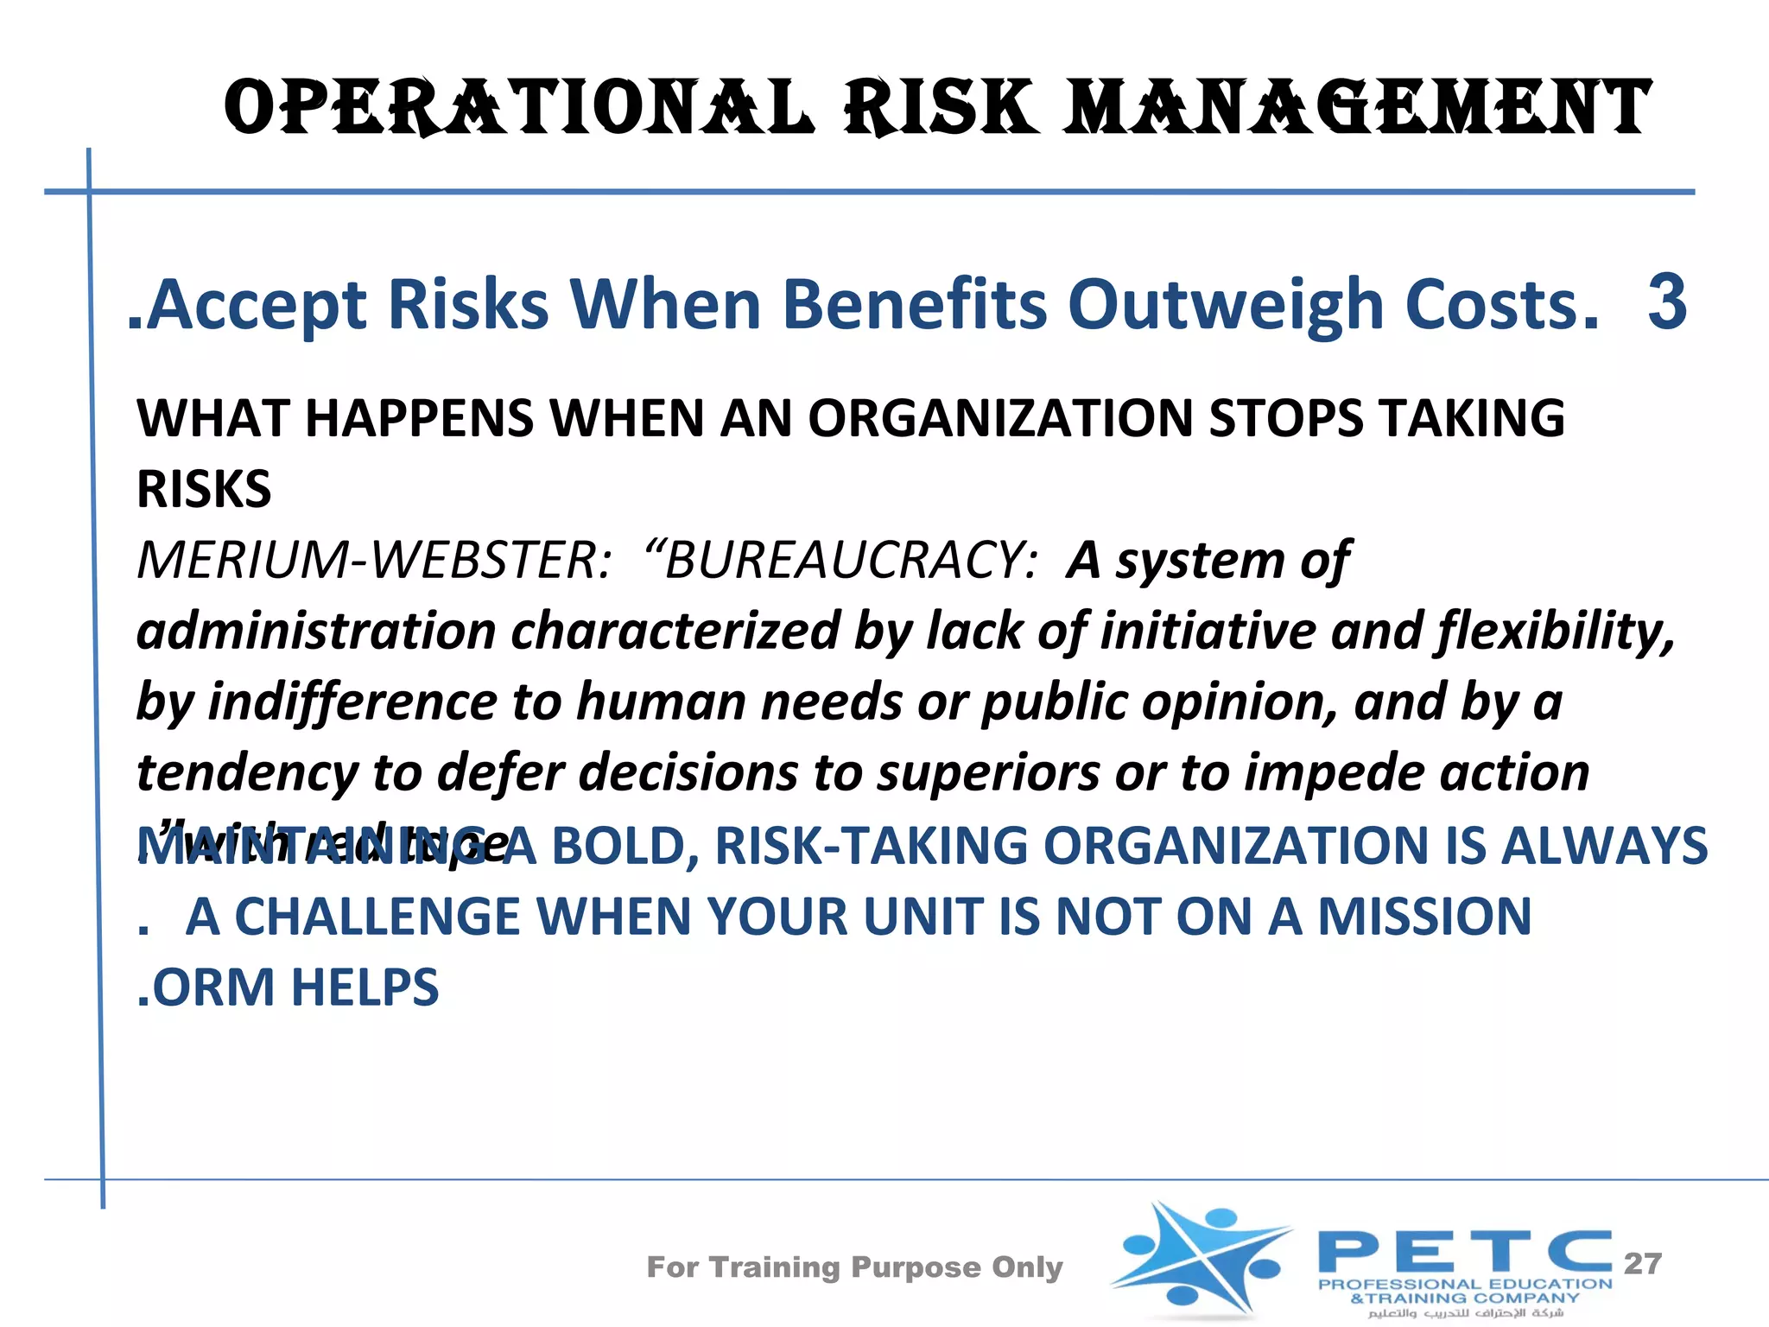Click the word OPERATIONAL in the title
point(518,107)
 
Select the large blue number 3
point(1666,302)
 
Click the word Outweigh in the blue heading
point(1227,306)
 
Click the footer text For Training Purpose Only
point(854,1267)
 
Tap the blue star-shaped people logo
point(1201,1257)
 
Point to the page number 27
point(1642,1264)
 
